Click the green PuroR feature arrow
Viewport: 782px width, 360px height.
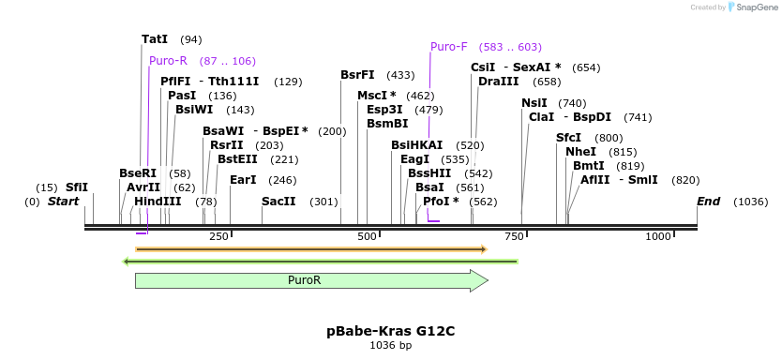(x=310, y=280)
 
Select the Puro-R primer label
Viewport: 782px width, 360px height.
(x=168, y=61)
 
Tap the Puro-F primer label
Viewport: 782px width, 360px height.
(x=448, y=47)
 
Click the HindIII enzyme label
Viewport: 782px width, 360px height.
(x=157, y=202)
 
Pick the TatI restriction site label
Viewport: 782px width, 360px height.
(x=155, y=39)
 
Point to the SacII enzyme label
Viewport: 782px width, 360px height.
(x=278, y=202)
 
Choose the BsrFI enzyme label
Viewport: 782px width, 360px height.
(x=357, y=75)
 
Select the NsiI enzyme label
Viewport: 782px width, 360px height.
(x=534, y=103)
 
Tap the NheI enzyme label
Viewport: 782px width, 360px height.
(x=580, y=152)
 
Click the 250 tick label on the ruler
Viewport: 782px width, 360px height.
(x=219, y=237)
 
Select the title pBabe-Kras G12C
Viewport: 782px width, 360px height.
(x=390, y=331)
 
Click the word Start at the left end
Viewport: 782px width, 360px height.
(x=63, y=202)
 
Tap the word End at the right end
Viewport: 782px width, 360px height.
(x=708, y=202)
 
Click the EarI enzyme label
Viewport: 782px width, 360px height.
(x=243, y=180)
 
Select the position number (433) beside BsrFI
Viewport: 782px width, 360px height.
(x=400, y=75)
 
